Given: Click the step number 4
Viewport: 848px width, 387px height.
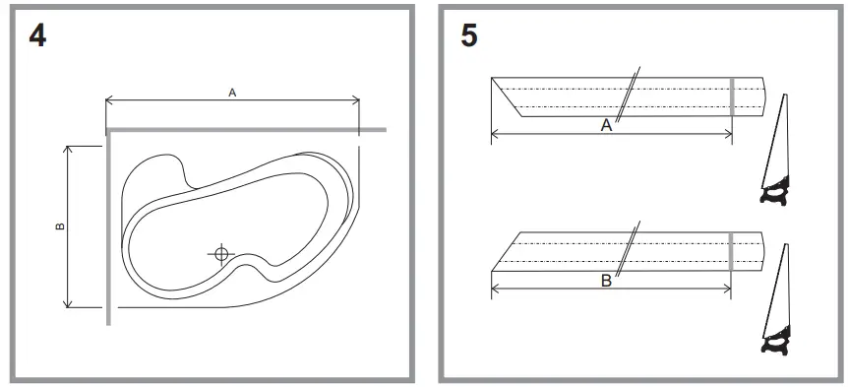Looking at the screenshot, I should [x=36, y=37].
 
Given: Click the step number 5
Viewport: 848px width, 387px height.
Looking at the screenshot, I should [x=469, y=37].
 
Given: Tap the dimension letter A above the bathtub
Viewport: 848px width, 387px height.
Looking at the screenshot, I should [x=232, y=92].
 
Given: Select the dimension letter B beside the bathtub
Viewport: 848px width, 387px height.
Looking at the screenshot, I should [x=60, y=226].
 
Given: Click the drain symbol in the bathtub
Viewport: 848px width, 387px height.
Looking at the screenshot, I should [x=221, y=254].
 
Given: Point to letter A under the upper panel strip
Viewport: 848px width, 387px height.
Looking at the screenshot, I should [x=606, y=126].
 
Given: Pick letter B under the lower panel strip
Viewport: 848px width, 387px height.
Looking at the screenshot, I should [x=606, y=281].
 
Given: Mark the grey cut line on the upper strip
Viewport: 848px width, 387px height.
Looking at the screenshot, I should [x=731, y=96].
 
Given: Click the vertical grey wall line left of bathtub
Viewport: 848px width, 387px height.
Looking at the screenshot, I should [x=107, y=226].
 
